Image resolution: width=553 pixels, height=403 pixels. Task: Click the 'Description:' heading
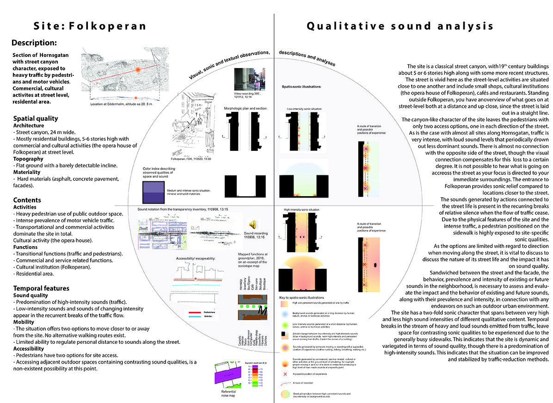[x=34, y=43]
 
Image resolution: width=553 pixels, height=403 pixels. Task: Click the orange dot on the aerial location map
[x=137, y=69]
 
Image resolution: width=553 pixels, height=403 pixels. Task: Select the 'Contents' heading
[x=27, y=200]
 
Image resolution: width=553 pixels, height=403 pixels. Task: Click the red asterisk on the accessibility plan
[x=196, y=279]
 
